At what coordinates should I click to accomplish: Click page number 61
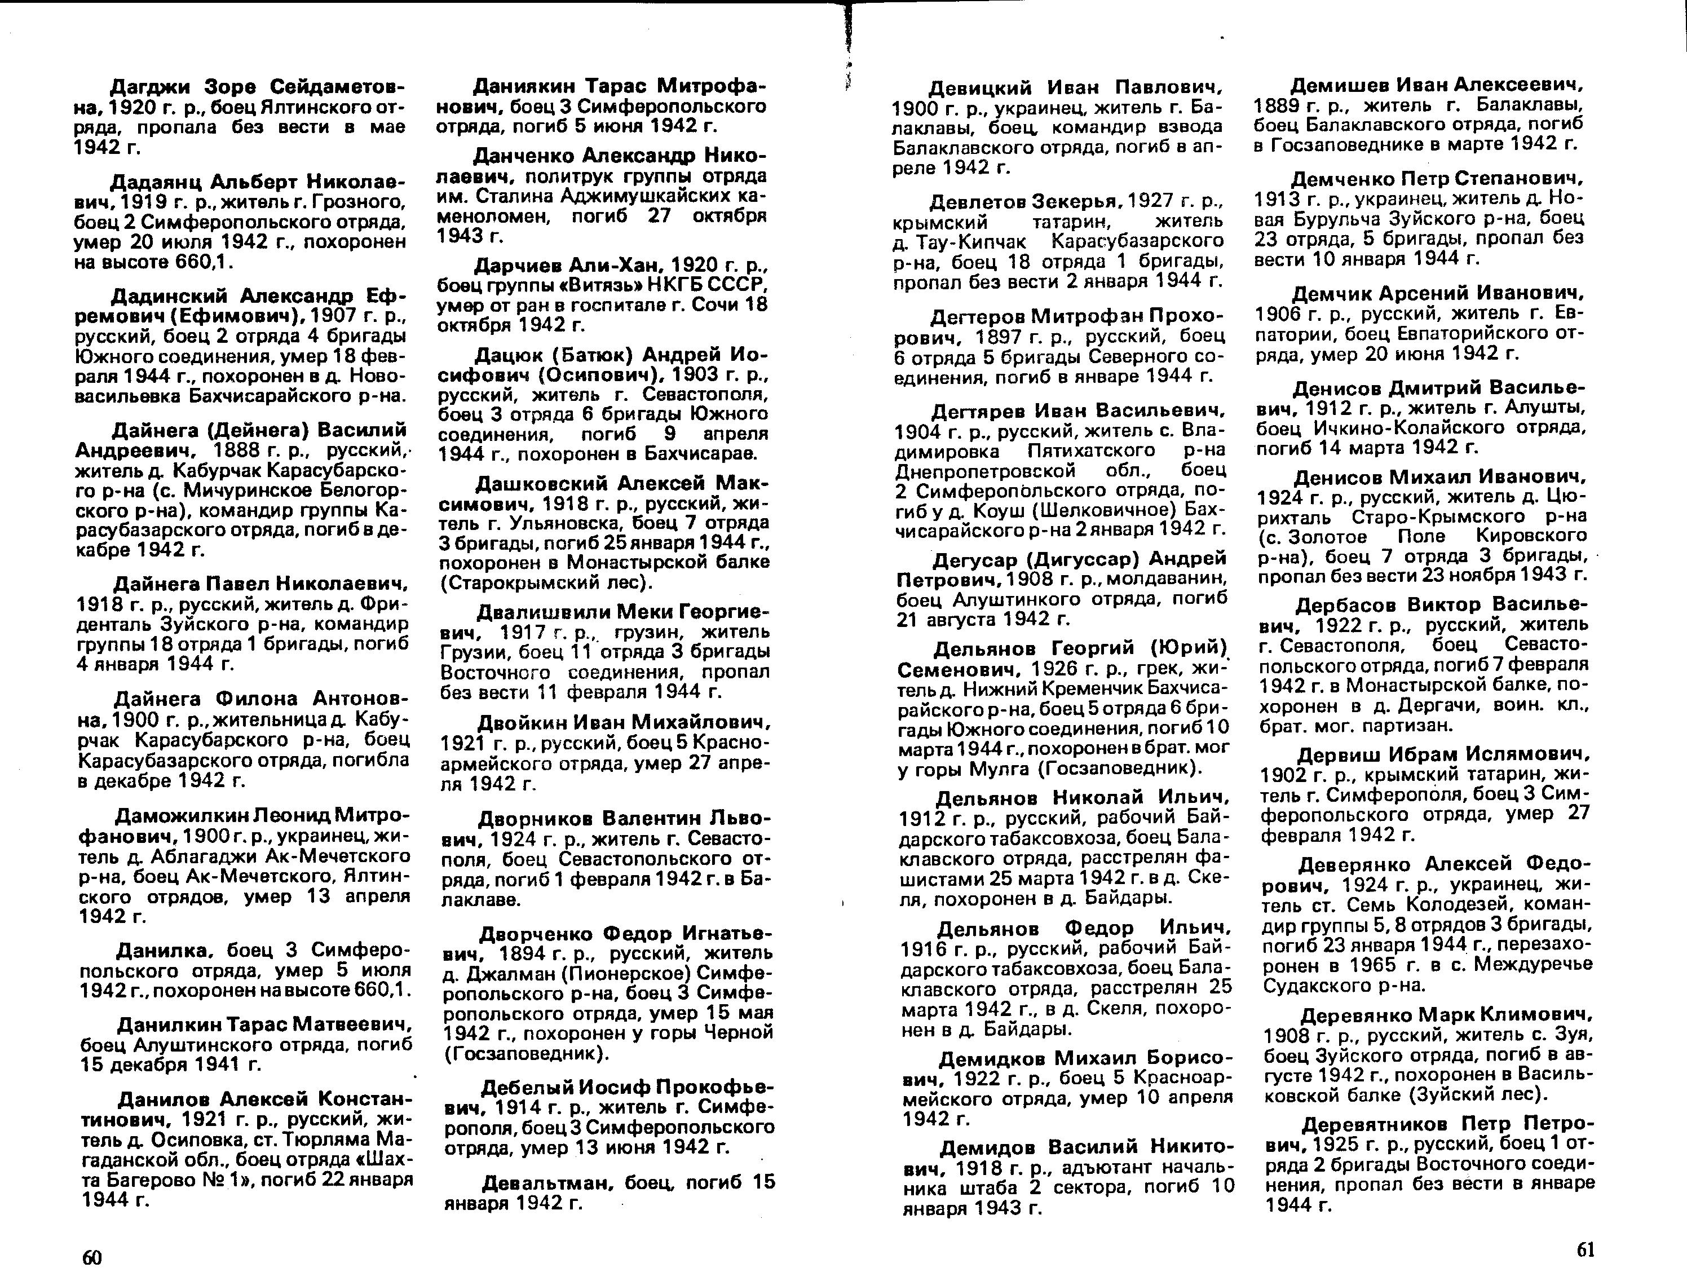(x=1586, y=1249)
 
